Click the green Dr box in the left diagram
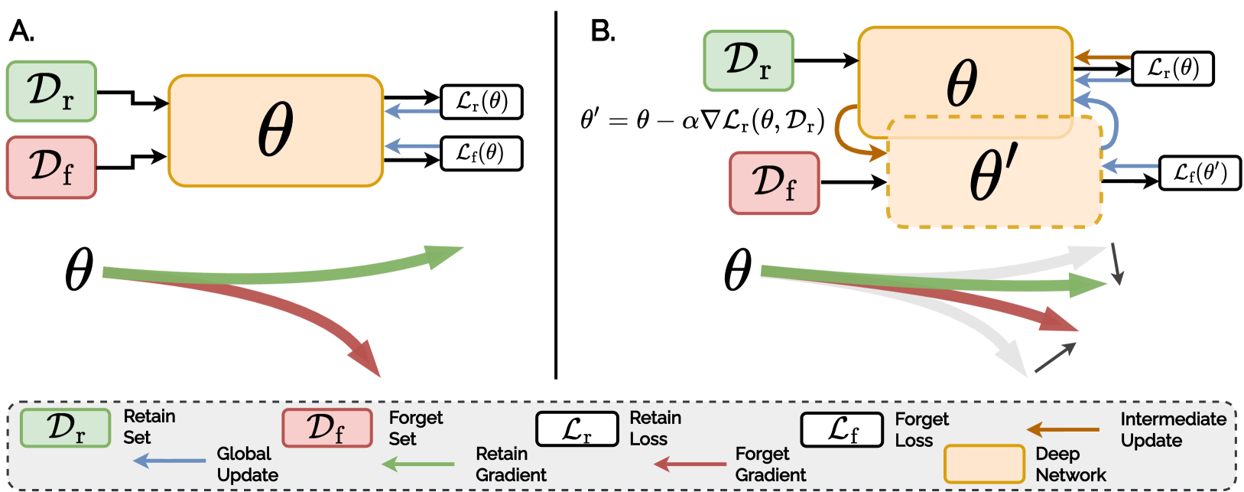(x=51, y=91)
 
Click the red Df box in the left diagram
(x=51, y=168)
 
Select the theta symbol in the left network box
(x=275, y=130)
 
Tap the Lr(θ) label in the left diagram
(x=481, y=102)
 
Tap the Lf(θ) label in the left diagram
(x=481, y=153)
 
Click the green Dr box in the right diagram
(x=748, y=60)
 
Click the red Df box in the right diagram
(x=774, y=183)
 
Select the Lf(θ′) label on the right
(x=1199, y=173)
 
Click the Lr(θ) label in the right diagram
(x=1172, y=69)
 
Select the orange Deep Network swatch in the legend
(x=983, y=464)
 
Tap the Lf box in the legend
(x=842, y=429)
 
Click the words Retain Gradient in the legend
(x=510, y=464)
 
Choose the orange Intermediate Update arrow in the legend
(x=1063, y=430)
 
